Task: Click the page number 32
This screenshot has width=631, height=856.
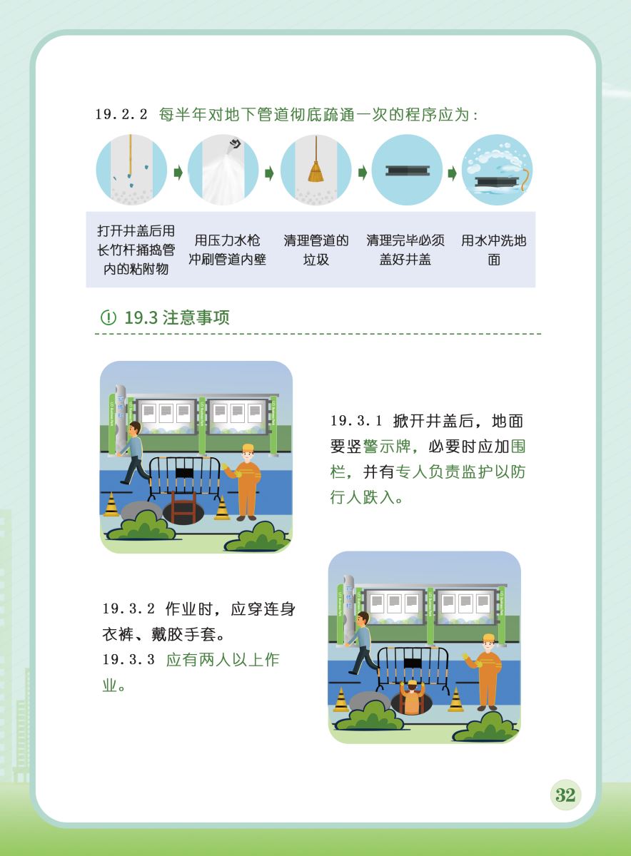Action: [x=565, y=795]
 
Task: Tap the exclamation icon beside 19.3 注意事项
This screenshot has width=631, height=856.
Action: [x=108, y=317]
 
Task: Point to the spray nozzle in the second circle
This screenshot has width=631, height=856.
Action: [x=234, y=146]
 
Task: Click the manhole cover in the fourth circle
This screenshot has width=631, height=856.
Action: [x=408, y=170]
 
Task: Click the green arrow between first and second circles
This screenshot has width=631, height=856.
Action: [x=178, y=173]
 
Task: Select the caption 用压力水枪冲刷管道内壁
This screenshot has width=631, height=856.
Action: [x=228, y=250]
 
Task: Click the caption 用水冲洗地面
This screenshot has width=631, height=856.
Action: [x=494, y=250]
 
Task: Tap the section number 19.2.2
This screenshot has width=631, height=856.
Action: [x=121, y=114]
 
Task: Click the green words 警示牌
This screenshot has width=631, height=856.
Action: [x=387, y=447]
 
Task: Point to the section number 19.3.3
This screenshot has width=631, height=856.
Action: [x=128, y=659]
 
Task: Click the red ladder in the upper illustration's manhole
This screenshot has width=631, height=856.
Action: [x=183, y=506]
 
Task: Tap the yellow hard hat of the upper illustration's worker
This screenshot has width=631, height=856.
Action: [x=248, y=448]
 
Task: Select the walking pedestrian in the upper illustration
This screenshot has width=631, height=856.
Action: [x=132, y=453]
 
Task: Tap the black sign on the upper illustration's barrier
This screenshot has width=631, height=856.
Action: [x=184, y=472]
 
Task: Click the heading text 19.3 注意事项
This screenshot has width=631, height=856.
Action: [x=177, y=317]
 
